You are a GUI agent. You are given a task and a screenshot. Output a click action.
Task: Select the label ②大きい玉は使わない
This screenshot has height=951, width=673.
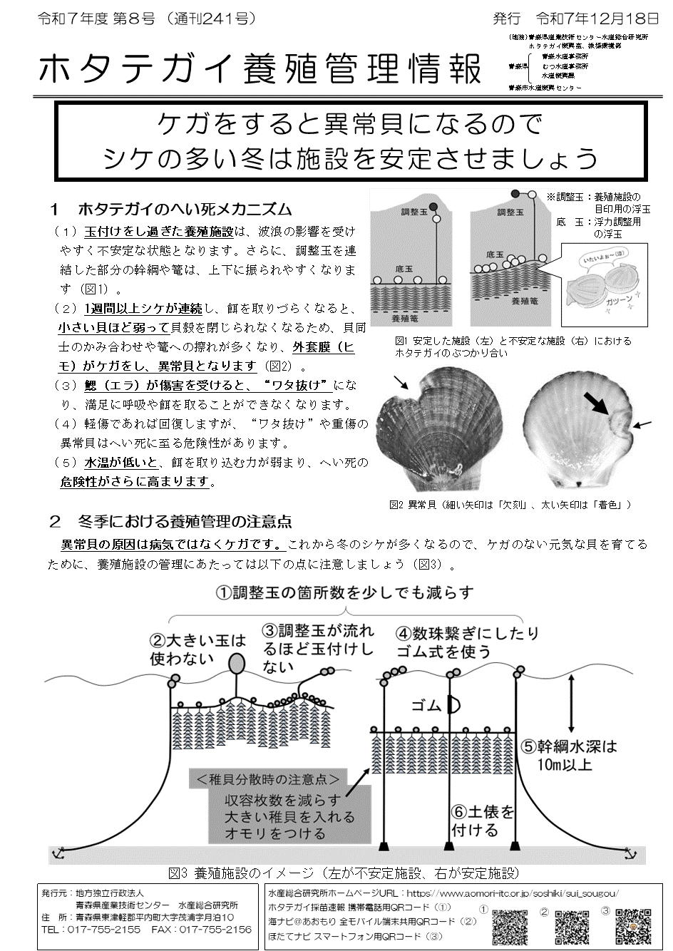197,649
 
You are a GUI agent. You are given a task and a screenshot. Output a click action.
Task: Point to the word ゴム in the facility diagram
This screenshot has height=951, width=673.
428,705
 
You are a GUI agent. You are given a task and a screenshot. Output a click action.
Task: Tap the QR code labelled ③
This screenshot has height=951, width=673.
634,925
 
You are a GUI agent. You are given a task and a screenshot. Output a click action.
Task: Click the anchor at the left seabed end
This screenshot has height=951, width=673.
60,853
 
